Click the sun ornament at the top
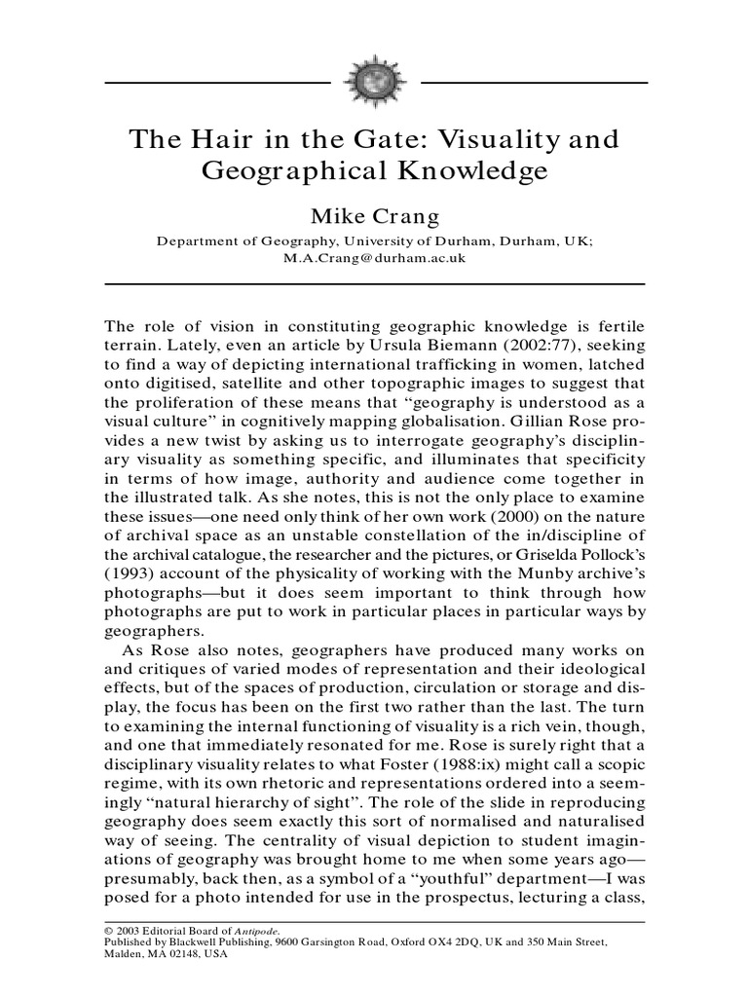coord(374,83)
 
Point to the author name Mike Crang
coord(373,214)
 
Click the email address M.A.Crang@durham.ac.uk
coord(373,258)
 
